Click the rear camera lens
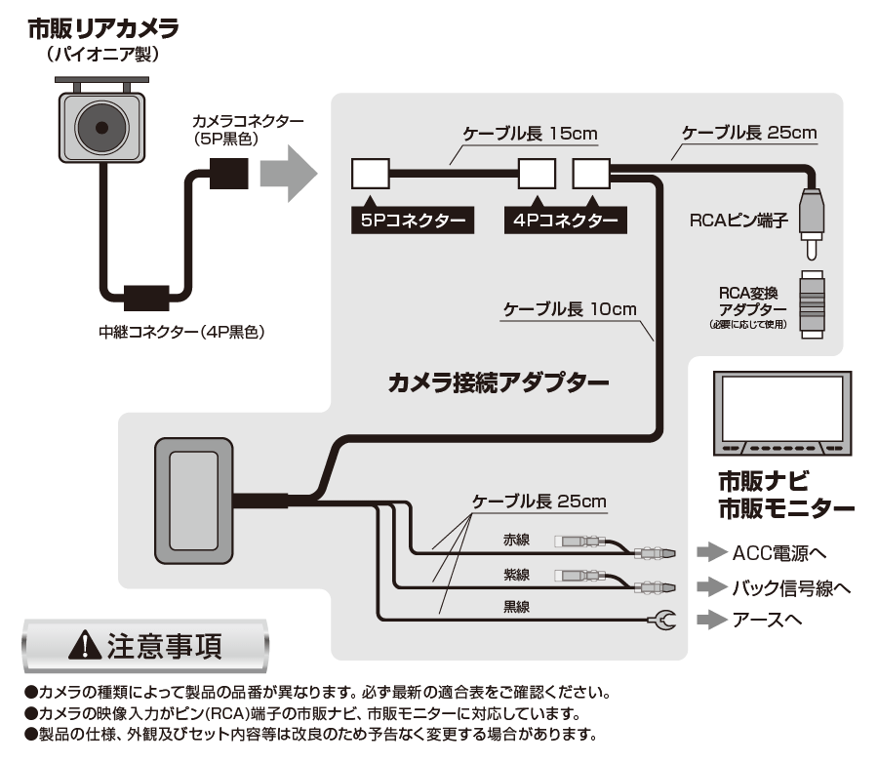coord(101,128)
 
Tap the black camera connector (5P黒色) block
coord(228,173)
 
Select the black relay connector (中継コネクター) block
coord(146,298)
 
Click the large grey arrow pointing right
coord(289,174)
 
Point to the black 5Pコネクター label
coord(413,221)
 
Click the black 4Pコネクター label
coord(566,221)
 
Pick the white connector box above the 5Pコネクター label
coord(370,174)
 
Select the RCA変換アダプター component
coord(812,304)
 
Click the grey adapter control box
coord(194,501)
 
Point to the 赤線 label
coord(516,540)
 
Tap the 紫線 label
coord(516,575)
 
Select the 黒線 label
coord(516,607)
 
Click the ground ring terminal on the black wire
coord(662,621)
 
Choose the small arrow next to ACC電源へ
coord(712,552)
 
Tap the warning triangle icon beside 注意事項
coord(85,645)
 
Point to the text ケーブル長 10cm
coord(570,309)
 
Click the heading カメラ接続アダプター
coord(499,383)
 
